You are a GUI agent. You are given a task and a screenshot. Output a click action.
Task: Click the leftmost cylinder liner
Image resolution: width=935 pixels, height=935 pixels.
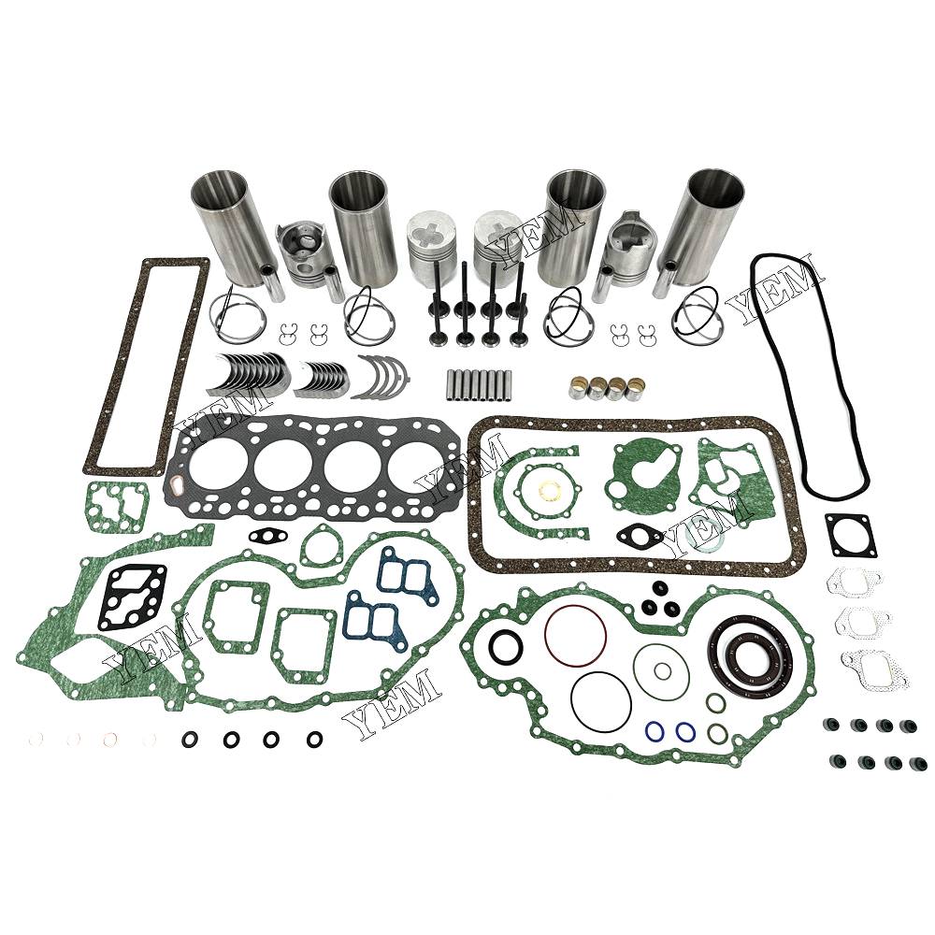click(x=226, y=226)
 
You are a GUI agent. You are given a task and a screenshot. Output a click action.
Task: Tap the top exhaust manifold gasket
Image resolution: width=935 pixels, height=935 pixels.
click(x=855, y=583)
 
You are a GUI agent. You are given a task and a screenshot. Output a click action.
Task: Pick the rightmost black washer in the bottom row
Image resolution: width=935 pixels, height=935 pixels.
click(x=315, y=740)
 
